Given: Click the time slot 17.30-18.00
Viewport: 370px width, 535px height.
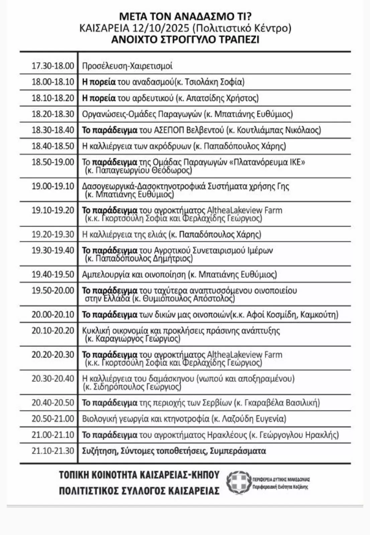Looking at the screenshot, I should tap(53, 66).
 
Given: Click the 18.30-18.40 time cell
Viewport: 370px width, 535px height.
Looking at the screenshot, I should tap(53, 130).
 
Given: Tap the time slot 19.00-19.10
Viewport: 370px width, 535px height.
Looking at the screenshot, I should tap(53, 186).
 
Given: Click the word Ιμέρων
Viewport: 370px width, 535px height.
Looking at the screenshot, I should tap(260, 250).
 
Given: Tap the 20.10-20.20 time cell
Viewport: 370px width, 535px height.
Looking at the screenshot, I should tap(53, 331).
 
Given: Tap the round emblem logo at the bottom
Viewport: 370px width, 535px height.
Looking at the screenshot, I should tap(238, 483).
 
